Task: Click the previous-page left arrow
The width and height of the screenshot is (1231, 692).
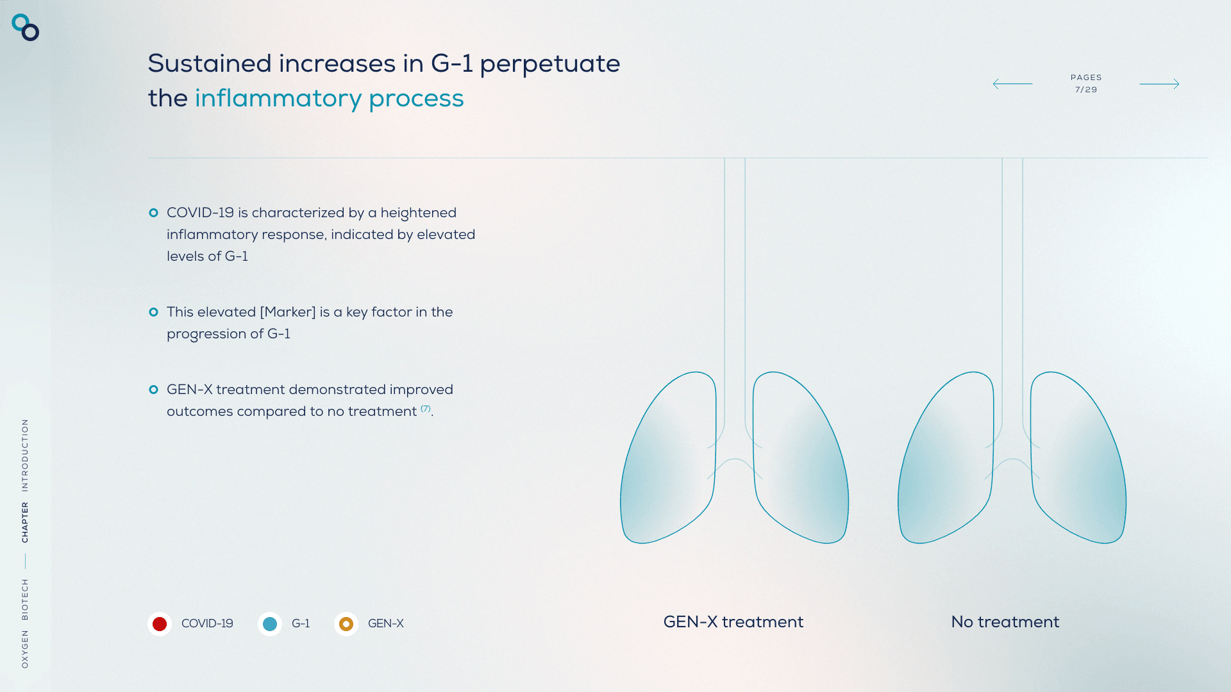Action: tap(1012, 84)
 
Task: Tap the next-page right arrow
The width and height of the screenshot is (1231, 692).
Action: tap(1159, 84)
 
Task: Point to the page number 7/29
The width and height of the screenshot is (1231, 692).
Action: tap(1086, 90)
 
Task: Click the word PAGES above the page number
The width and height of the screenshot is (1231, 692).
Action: tap(1086, 78)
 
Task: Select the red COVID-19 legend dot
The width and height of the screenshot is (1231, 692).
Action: tap(160, 623)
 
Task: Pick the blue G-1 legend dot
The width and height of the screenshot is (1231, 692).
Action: tap(270, 623)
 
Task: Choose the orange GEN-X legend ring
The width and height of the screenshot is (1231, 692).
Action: tap(346, 623)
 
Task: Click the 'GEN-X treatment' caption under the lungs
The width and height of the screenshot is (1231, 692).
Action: tap(733, 622)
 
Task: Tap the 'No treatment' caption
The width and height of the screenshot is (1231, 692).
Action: tap(1005, 622)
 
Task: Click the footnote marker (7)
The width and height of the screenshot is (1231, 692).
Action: tap(426, 408)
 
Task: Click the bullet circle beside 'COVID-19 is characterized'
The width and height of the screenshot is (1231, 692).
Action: tap(153, 213)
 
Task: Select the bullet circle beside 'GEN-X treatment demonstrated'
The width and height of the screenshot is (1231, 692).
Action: tap(153, 390)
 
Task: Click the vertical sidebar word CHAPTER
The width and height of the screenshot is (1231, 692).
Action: tap(25, 522)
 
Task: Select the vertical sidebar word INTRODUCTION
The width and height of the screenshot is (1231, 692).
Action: tap(25, 455)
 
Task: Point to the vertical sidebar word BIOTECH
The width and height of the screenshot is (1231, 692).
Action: tap(25, 599)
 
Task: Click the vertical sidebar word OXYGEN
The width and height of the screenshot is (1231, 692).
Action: tap(25, 649)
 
